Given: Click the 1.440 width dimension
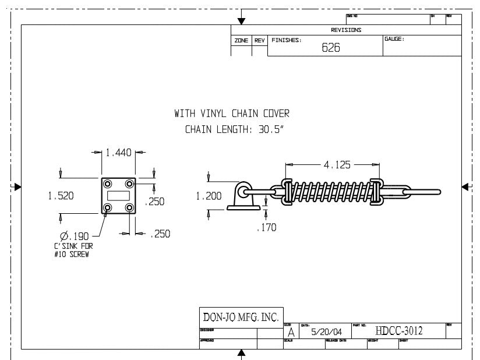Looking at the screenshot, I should click(119, 153).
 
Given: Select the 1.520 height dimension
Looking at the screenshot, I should click(61, 196).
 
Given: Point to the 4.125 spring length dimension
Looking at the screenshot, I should click(337, 165).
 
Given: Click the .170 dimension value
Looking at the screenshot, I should click(266, 227).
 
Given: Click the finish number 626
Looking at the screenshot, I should click(331, 48).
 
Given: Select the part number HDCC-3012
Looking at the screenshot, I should click(399, 331).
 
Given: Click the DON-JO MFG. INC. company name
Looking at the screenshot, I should click(240, 317).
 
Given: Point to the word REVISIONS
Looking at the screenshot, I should click(346, 30).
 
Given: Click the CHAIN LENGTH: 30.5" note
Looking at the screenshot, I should click(233, 129).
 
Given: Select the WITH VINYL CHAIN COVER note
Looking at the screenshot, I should click(232, 113).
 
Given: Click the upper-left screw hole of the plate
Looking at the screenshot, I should click(108, 184).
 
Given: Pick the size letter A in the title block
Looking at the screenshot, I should click(291, 333).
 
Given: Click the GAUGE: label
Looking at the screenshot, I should click(394, 39).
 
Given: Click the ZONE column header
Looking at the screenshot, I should click(241, 41).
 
